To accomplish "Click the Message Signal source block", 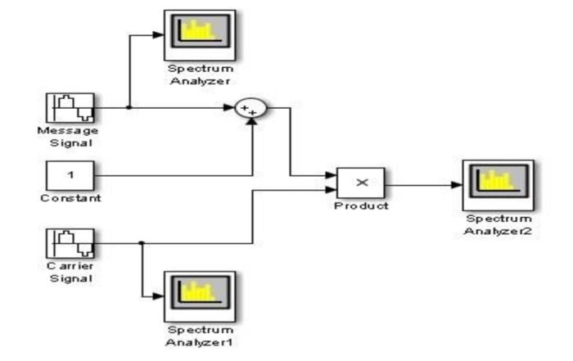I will (x=70, y=107).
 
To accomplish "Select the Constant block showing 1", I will (x=70, y=174).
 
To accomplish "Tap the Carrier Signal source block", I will (x=70, y=243).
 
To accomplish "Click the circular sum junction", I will (x=250, y=108).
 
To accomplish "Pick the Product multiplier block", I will (x=360, y=182).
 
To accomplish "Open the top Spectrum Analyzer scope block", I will (x=199, y=34).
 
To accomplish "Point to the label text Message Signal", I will (x=68, y=136).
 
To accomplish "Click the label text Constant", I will (x=70, y=199).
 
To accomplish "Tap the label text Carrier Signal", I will (x=70, y=272).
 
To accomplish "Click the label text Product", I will (x=360, y=205).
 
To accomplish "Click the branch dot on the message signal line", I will (x=130, y=107).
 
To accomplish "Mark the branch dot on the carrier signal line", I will (x=142, y=243).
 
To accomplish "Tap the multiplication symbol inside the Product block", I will (x=360, y=182).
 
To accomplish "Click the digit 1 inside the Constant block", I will (x=70, y=174).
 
